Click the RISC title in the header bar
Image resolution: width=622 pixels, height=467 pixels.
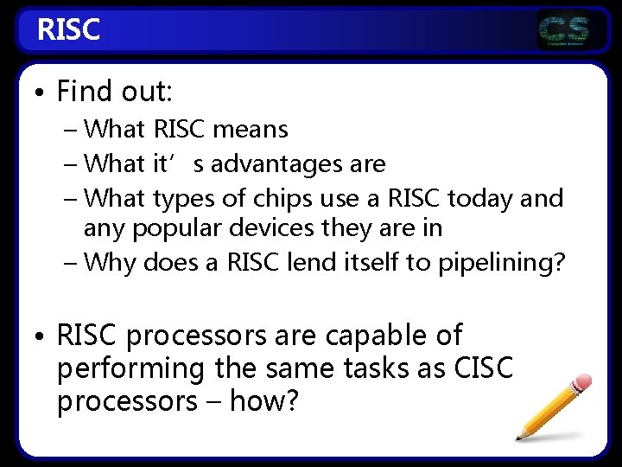(69, 30)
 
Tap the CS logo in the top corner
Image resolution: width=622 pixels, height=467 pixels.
(564, 31)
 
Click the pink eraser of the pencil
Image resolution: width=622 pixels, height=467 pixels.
(582, 383)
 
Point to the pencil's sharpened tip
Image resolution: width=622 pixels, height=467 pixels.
(520, 437)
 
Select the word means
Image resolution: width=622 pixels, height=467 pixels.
(251, 130)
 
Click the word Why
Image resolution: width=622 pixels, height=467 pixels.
(111, 261)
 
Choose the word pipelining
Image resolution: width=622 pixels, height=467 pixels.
(493, 261)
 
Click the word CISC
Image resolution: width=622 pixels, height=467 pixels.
(482, 368)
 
